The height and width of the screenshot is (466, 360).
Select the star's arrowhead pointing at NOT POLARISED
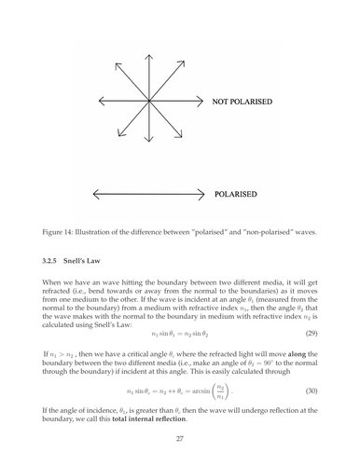tap(203, 100)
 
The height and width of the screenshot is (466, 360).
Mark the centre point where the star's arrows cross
tap(150, 100)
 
